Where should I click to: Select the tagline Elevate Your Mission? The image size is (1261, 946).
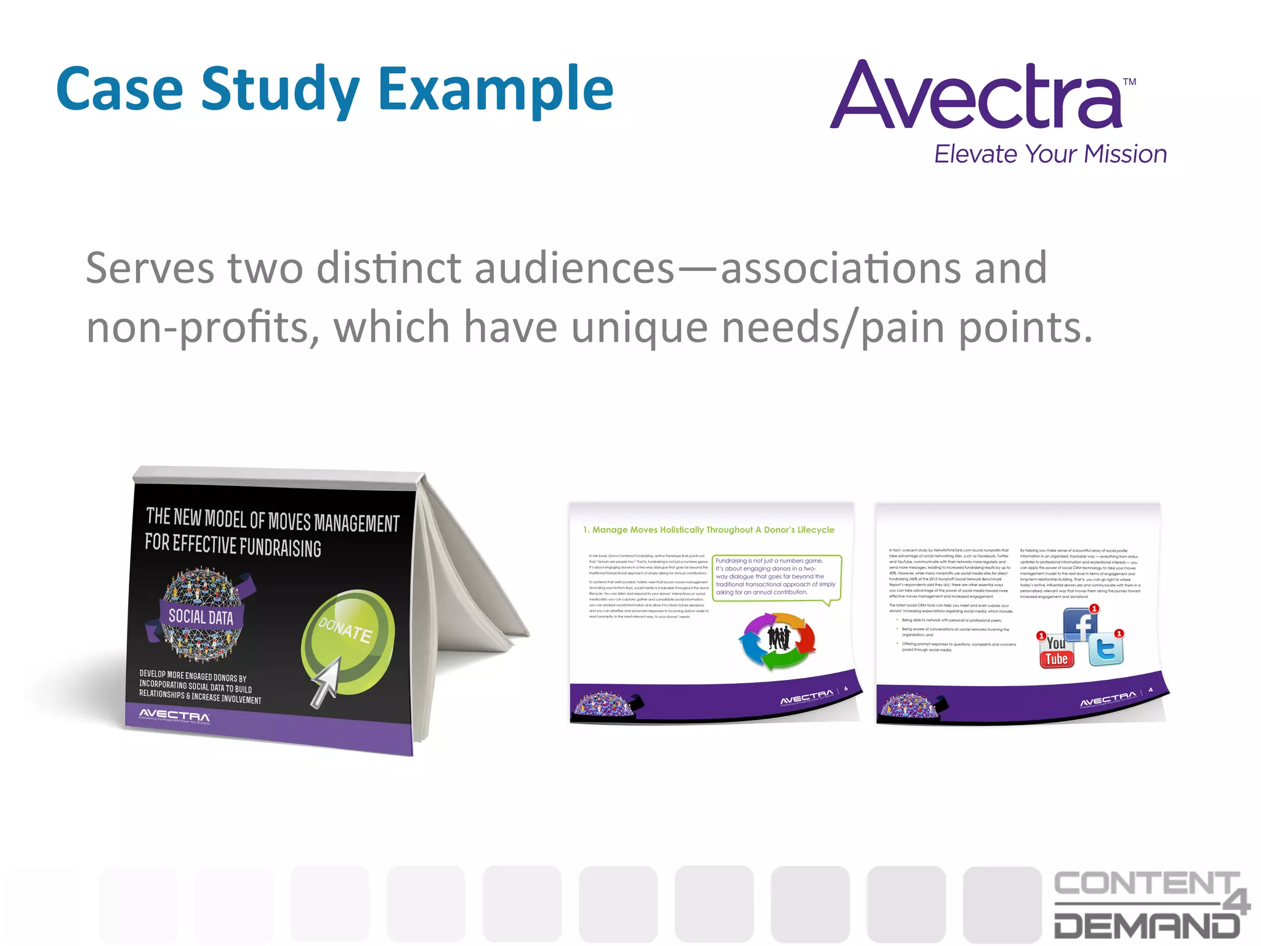coord(1050,154)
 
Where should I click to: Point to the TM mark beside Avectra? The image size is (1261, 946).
coord(1129,82)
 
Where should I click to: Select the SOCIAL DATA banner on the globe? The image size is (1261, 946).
coord(201,617)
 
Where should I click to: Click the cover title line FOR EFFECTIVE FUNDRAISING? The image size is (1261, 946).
coord(233,545)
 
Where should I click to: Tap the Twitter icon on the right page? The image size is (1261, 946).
coord(1106,649)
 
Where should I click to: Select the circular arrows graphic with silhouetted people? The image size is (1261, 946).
coord(778,640)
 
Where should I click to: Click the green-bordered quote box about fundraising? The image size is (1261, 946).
coord(776,576)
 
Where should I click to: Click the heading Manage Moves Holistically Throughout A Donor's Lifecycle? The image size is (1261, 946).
coord(709,530)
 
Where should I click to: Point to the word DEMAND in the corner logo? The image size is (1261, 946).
coord(1146,924)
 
